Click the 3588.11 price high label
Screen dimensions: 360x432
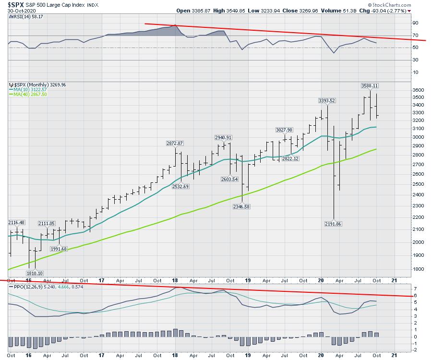370,85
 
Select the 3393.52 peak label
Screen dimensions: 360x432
326,101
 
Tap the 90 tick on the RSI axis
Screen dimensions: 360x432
415,23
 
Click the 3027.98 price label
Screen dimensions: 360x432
284,130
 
